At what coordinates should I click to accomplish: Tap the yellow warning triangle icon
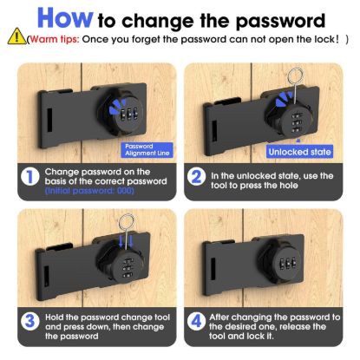click(16, 40)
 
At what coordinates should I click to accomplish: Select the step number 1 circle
click(30, 177)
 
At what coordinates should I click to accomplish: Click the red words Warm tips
click(52, 40)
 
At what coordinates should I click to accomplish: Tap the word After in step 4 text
click(226, 317)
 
